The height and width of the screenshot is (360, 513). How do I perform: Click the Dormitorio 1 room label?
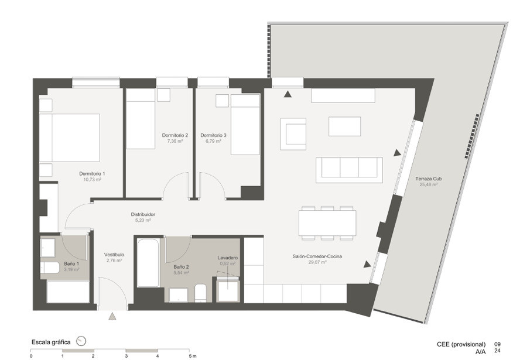92,174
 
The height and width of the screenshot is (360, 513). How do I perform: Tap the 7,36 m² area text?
175,141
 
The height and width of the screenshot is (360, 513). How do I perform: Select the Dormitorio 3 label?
213,135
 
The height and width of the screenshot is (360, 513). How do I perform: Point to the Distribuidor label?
143,214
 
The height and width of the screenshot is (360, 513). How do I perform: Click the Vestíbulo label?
114,255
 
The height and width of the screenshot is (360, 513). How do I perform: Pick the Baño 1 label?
71,263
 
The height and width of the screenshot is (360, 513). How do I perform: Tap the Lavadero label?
228,258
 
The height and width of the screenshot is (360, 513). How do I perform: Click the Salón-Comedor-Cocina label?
317,256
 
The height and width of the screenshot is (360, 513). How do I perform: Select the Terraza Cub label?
429,179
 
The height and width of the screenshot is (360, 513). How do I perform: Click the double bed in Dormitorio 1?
69,138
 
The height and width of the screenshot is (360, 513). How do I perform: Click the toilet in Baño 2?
200,293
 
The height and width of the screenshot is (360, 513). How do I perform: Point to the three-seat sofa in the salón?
349,170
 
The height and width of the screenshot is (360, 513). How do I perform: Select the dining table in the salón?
327,223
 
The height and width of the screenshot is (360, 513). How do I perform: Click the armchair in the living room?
293,134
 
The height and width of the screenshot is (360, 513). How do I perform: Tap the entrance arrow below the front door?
112,316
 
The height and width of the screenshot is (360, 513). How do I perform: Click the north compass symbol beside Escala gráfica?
81,341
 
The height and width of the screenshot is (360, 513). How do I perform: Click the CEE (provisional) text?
461,344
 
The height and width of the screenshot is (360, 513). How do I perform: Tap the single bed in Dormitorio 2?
141,119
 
